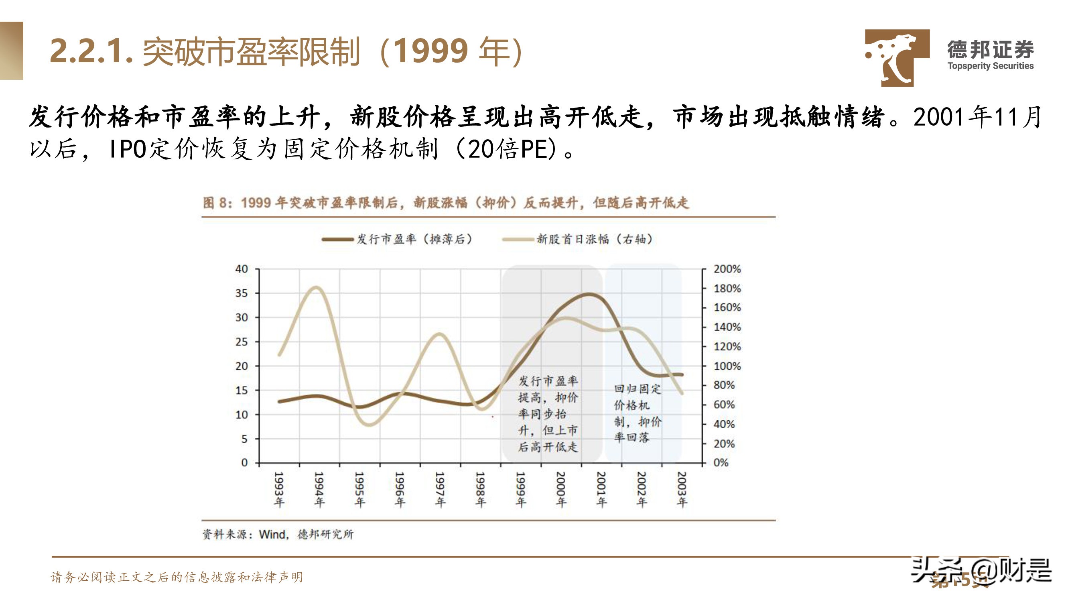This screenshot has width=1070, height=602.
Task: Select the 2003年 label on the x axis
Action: [x=682, y=489]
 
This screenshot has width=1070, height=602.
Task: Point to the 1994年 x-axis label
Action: [x=319, y=489]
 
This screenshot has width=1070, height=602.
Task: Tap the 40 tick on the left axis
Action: [x=242, y=269]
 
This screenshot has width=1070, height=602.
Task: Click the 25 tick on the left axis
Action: [x=242, y=342]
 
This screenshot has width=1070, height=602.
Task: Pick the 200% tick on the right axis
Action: [x=727, y=269]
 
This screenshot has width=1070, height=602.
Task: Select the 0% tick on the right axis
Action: [x=721, y=463]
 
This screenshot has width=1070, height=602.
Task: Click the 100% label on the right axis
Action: [x=727, y=366]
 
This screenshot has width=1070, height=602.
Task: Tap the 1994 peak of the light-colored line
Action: [x=316, y=287]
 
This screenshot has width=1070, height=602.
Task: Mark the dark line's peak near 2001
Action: [x=589, y=294]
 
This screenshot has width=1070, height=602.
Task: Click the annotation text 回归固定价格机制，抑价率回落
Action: [x=638, y=413]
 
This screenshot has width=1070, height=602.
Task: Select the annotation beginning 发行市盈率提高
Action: [x=548, y=413]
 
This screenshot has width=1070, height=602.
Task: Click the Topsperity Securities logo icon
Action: [x=897, y=57]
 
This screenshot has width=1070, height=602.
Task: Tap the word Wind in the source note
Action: [x=272, y=534]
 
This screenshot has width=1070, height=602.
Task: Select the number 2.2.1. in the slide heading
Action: [x=91, y=51]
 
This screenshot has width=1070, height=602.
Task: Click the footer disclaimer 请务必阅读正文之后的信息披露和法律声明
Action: [x=177, y=577]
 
